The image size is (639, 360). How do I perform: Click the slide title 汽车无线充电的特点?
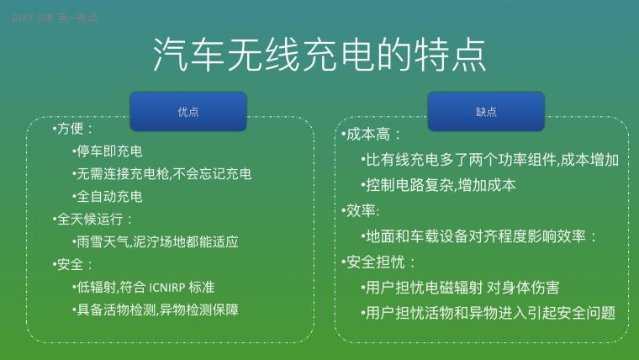[x=319, y=55]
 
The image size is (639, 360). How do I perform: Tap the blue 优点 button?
[x=188, y=112]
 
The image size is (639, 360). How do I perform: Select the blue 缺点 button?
[x=486, y=112]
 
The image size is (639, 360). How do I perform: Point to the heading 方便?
[x=70, y=129]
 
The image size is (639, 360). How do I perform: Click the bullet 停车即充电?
[x=109, y=151]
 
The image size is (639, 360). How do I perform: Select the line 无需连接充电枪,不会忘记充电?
[x=164, y=174]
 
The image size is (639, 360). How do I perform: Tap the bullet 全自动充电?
[x=109, y=197]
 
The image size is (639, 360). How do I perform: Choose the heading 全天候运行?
[x=90, y=220]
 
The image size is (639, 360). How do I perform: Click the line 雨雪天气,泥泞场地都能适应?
[x=157, y=241]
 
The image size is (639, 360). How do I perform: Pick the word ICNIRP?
[x=167, y=288]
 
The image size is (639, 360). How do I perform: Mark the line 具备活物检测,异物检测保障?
[x=157, y=310]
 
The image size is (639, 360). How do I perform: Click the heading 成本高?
[x=368, y=134]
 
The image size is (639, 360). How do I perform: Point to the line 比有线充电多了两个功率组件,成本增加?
[x=493, y=160]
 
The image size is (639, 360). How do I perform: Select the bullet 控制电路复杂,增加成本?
[x=441, y=185]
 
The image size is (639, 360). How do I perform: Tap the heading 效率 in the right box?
[x=361, y=211]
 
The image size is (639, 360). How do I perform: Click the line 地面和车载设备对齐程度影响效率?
[x=476, y=236]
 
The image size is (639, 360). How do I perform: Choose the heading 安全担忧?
[x=375, y=262]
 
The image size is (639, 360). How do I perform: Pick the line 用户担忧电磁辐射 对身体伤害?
[x=462, y=288]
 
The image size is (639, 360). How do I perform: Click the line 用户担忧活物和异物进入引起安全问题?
[x=490, y=313]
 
